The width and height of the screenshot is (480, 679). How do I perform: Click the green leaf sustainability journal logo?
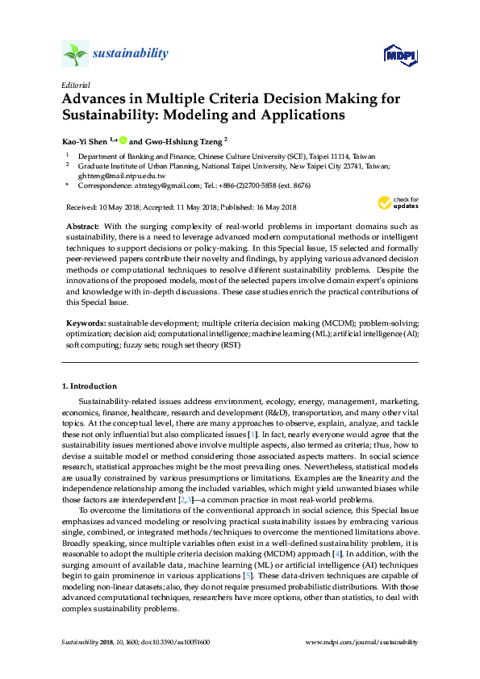[75, 54]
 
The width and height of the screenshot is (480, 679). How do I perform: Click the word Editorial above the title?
[75, 84]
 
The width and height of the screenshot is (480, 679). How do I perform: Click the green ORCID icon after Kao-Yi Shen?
[122, 140]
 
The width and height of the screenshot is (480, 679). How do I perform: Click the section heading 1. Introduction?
[89, 386]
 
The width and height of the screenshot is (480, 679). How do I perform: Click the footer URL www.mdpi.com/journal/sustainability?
[362, 642]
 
